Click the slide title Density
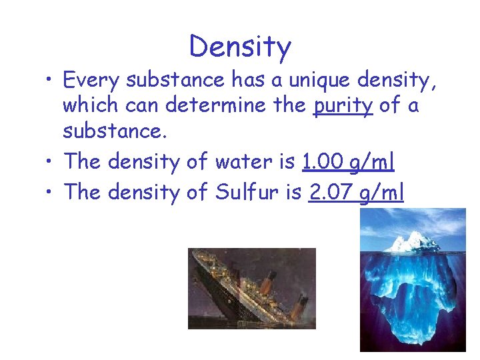(x=240, y=47)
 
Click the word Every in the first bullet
(x=91, y=81)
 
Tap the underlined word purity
(x=343, y=106)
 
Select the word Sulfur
(x=247, y=193)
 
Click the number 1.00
(x=323, y=162)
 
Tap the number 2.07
(x=331, y=193)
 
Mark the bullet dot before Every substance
(x=51, y=81)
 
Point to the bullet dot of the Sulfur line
(x=51, y=193)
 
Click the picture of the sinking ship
(x=251, y=288)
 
